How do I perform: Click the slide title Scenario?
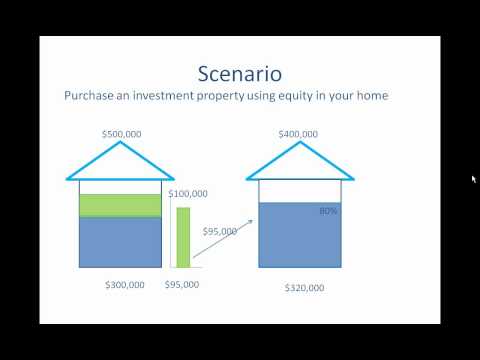[240, 74]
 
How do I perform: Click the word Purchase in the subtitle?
[89, 96]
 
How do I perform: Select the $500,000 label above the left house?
[122, 134]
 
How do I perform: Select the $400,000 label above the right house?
[298, 134]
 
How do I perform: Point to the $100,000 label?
[188, 194]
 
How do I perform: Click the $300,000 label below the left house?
[125, 285]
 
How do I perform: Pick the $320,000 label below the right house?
[304, 288]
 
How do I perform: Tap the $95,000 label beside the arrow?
[220, 231]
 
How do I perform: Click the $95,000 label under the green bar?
[182, 284]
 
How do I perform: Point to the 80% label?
[328, 211]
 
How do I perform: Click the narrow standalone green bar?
[183, 237]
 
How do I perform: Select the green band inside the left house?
[120, 206]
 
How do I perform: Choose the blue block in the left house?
[120, 242]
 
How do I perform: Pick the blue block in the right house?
[300, 235]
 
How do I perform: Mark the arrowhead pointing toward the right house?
[251, 221]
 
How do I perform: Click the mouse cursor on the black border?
[474, 179]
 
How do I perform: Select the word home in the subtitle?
[373, 96]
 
